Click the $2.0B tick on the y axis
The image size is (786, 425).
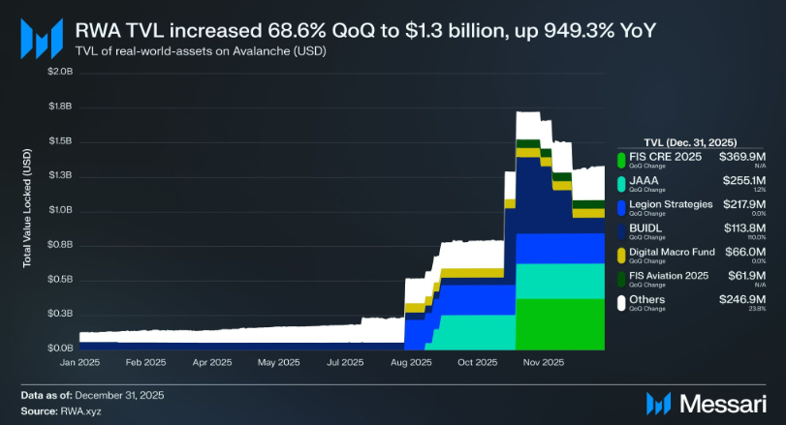click(x=60, y=72)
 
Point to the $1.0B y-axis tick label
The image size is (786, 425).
click(x=60, y=210)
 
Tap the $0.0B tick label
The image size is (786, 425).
click(x=60, y=348)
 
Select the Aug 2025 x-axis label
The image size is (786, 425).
click(x=412, y=363)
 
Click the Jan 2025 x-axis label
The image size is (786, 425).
click(x=82, y=363)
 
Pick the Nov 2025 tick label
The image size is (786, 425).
click(x=544, y=363)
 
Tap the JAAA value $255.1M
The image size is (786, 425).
click(x=742, y=179)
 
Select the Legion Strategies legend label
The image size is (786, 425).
click(x=671, y=204)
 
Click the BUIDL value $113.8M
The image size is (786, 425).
click(x=742, y=229)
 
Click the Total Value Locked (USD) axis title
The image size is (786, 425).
click(x=27, y=209)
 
